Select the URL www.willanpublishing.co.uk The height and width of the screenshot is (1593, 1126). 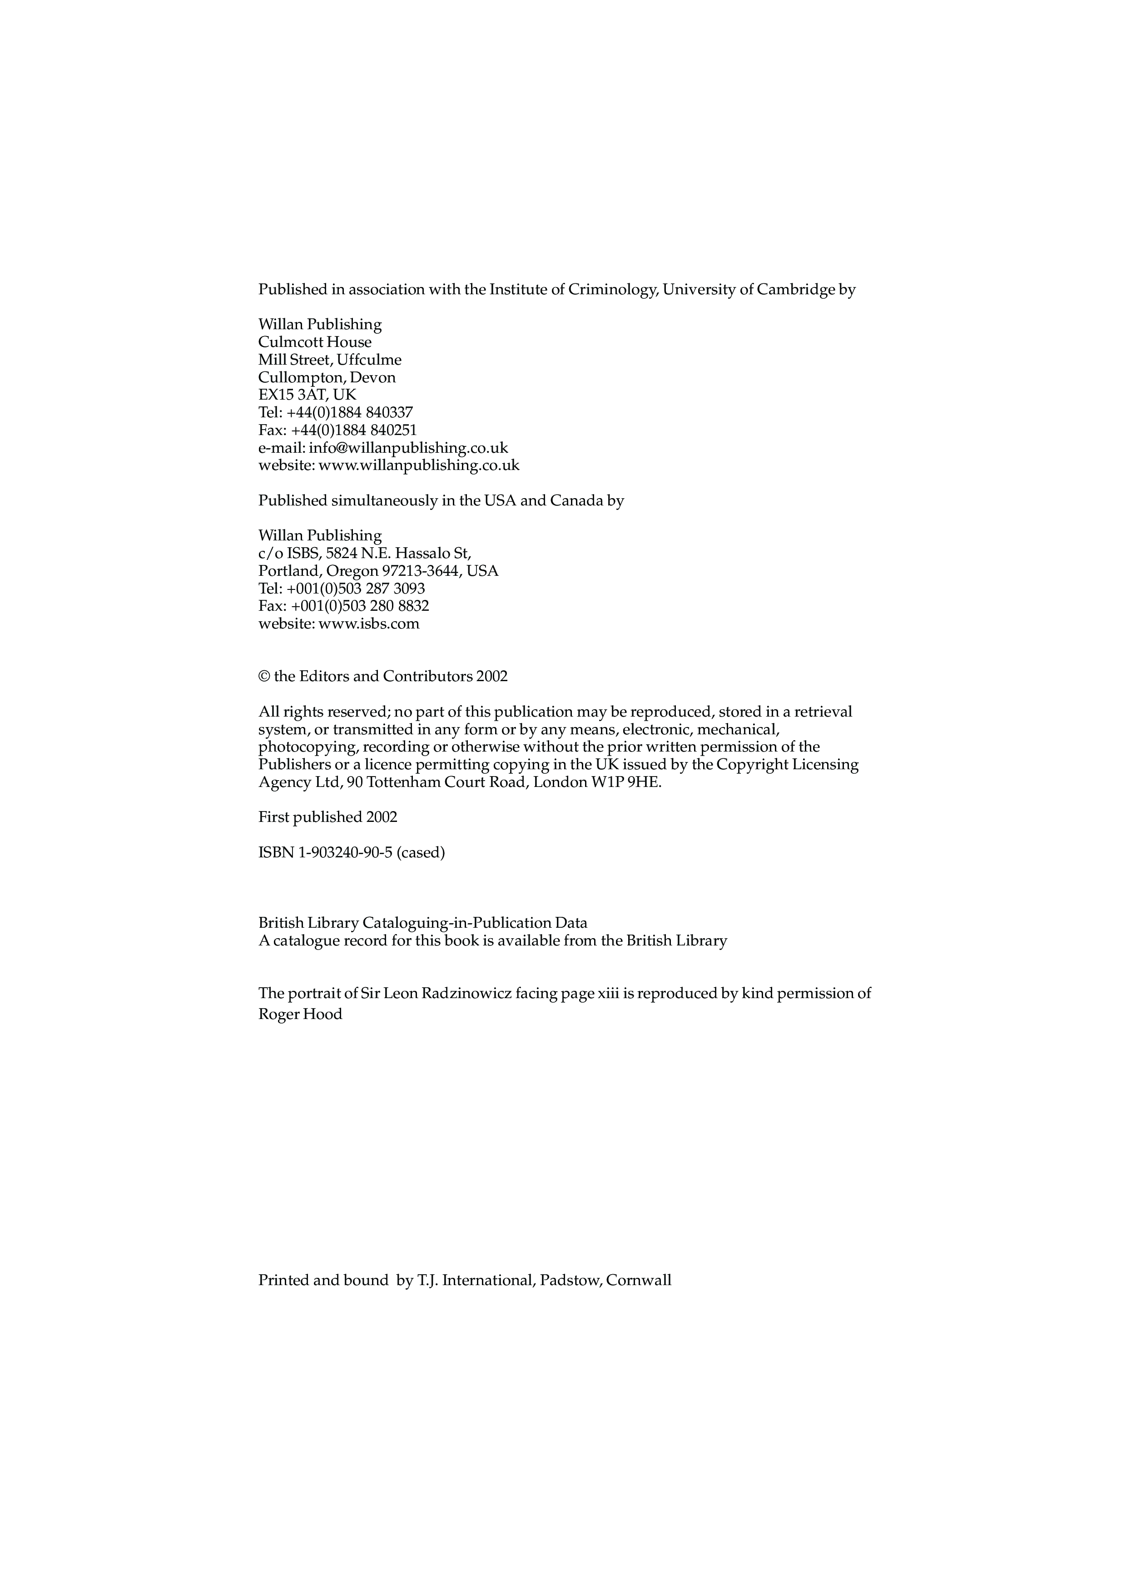pos(418,465)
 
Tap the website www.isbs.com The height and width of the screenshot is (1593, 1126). pos(368,624)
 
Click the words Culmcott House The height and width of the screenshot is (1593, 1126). pos(315,342)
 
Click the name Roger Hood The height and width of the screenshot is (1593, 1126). pos(300,1014)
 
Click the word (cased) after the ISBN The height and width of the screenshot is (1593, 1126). pos(421,853)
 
